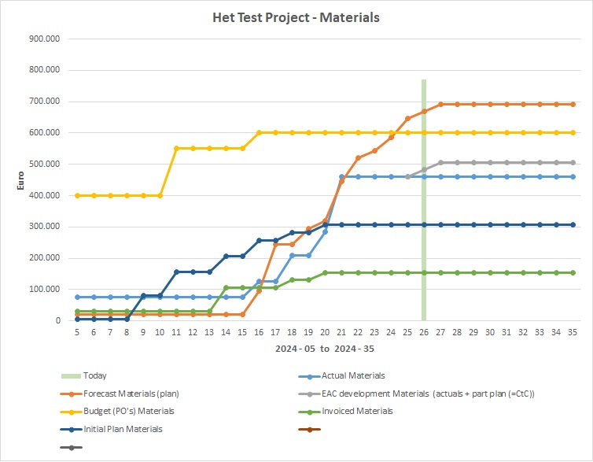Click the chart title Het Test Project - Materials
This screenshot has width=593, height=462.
[296, 16]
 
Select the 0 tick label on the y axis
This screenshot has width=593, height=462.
[57, 321]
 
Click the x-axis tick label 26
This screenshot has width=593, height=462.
[424, 333]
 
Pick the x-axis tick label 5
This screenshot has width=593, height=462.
[77, 333]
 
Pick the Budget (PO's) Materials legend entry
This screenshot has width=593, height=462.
[128, 410]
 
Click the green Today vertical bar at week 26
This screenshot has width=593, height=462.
[424, 236]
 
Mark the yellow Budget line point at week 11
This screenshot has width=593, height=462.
[176, 148]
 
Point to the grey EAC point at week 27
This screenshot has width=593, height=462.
[440, 162]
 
